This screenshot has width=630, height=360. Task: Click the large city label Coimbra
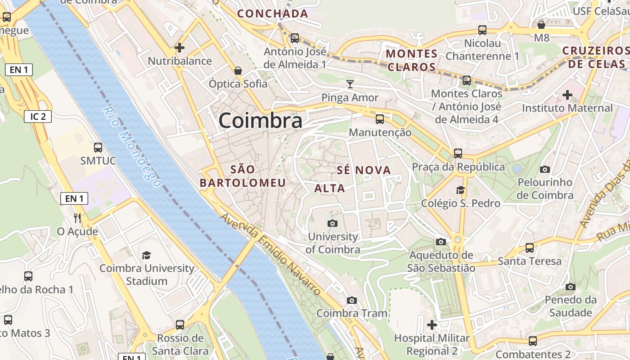[x=261, y=121]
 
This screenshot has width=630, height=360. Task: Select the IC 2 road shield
[x=38, y=117]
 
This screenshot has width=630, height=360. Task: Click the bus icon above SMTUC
[x=98, y=147]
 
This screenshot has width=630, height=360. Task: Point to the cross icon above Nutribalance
[x=180, y=47]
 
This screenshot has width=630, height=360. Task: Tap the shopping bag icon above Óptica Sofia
[x=238, y=71]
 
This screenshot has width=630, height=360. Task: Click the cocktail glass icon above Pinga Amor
[x=350, y=84]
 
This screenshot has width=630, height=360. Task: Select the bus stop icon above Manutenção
[x=380, y=119]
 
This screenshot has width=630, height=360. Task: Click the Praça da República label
[x=459, y=167]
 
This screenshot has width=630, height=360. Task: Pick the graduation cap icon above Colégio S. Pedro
[x=460, y=190]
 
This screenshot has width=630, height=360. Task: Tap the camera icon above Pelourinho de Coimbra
[x=545, y=169]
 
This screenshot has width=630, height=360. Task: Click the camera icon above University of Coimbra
[x=333, y=223]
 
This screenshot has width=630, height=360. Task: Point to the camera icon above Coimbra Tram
[x=352, y=300]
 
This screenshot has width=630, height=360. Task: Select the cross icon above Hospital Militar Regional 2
[x=432, y=324]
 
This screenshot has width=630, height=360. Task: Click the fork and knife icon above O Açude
[x=77, y=218]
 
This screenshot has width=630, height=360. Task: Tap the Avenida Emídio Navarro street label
[x=270, y=254]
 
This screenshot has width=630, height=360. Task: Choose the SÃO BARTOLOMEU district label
[x=243, y=176]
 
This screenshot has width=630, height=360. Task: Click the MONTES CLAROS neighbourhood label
[x=412, y=60]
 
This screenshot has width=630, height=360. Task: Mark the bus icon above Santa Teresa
[x=530, y=247]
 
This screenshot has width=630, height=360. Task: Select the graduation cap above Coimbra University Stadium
[x=147, y=255]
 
